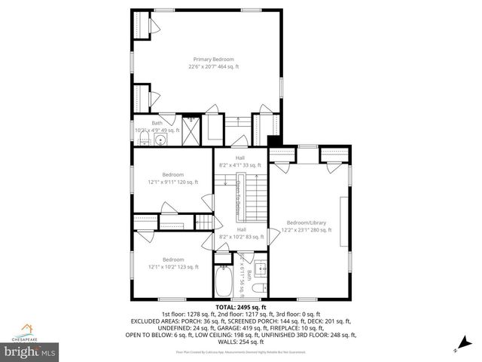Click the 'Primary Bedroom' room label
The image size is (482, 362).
[213, 59]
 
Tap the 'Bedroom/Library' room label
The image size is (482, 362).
[306, 222]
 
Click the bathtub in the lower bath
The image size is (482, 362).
[224, 283]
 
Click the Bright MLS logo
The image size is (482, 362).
[30, 351]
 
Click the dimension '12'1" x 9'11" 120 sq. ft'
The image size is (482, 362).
[173, 182]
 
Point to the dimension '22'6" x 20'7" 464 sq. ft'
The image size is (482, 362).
[213, 66]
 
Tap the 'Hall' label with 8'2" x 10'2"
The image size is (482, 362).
[241, 229]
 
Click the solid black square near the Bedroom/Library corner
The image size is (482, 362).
[275, 140]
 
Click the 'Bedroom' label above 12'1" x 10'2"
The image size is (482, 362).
[173, 259]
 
